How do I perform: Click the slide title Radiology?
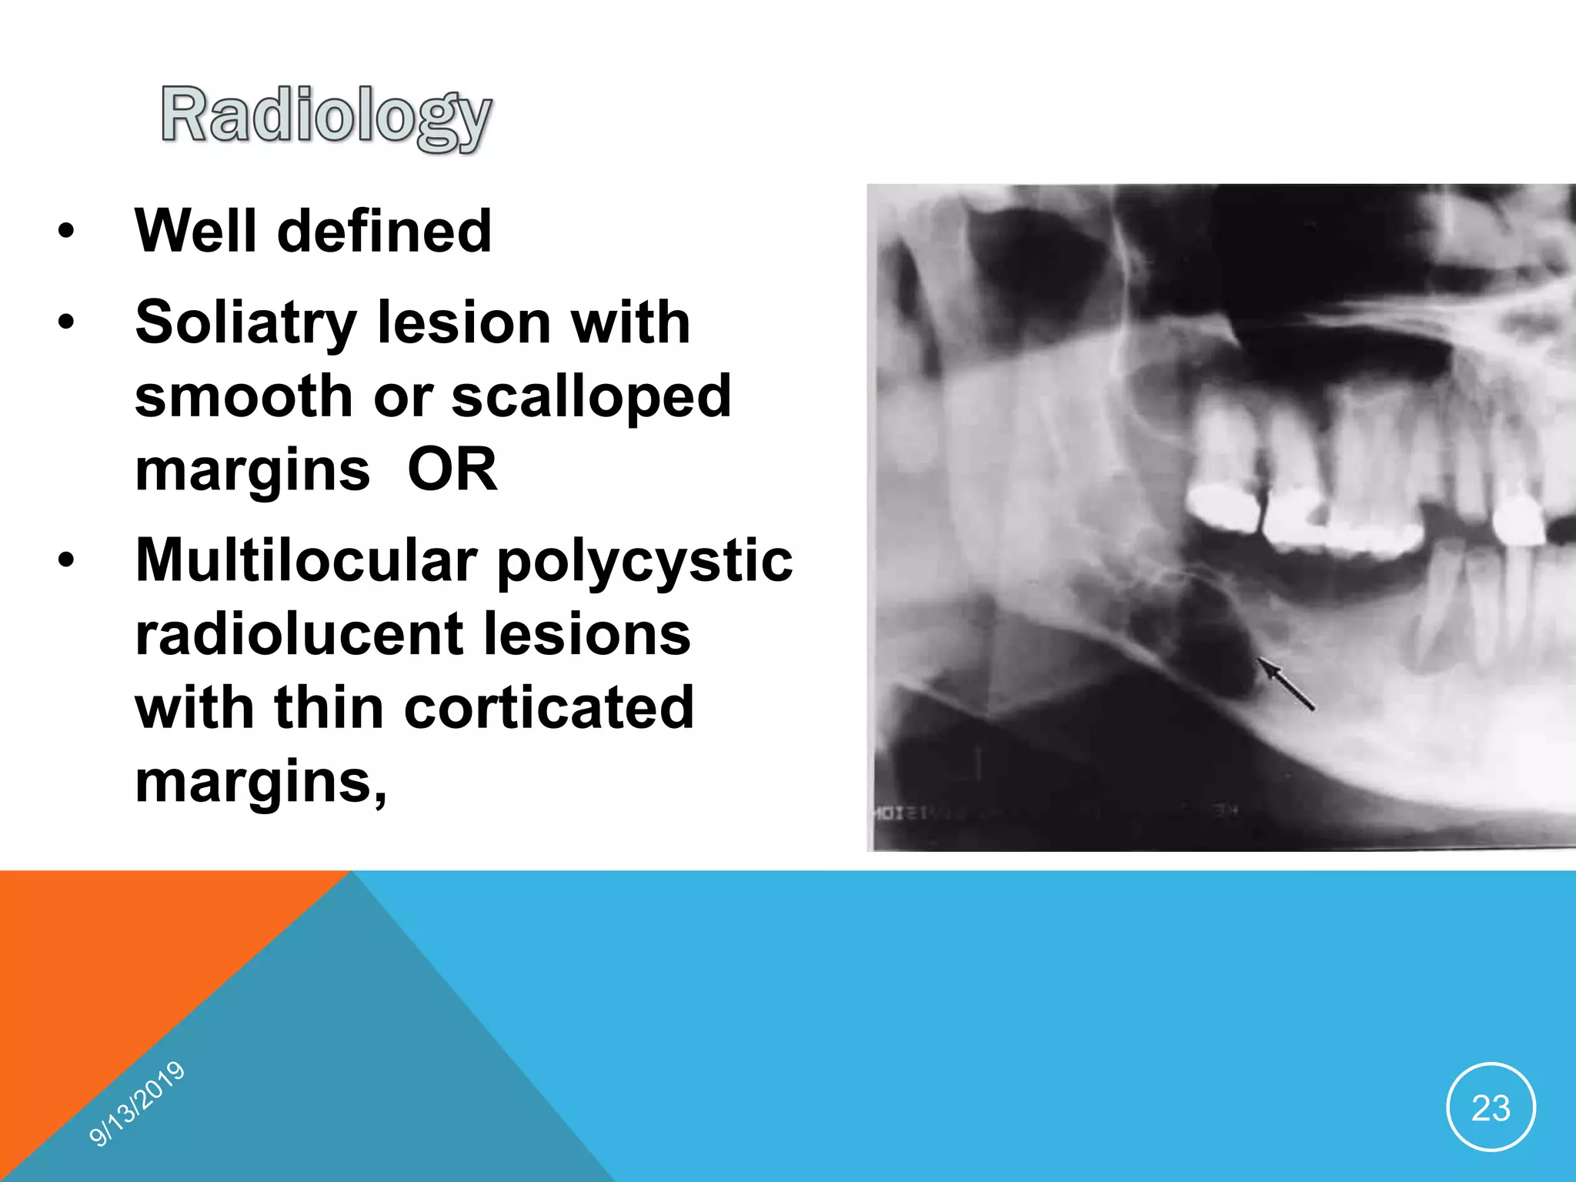tap(326, 116)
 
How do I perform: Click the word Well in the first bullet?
tap(195, 231)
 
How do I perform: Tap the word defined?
tap(384, 231)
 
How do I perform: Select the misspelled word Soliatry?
tap(245, 323)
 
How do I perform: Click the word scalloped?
tap(591, 396)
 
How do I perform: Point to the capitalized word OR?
tap(452, 469)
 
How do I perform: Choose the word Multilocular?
tap(306, 560)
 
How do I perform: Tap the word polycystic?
tap(645, 562)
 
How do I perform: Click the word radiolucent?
tap(299, 635)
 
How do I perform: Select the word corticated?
tap(549, 708)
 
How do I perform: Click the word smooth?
tap(243, 396)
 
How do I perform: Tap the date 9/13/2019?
tap(137, 1104)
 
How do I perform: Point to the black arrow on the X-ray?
tap(1285, 683)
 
